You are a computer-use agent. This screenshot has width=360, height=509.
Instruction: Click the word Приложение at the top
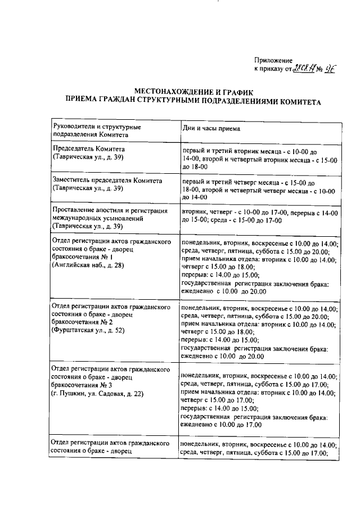pyautogui.click(x=273, y=60)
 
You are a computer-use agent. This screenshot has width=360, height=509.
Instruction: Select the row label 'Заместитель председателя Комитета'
pyautogui.click(x=106, y=181)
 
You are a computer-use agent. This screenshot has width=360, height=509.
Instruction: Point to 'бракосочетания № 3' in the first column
pyautogui.click(x=82, y=386)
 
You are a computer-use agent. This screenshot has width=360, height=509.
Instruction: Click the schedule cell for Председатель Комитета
pyautogui.click(x=259, y=159)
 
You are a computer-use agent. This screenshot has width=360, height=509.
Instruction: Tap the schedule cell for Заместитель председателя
pyautogui.click(x=259, y=190)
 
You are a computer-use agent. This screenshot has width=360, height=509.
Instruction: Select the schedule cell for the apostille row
pyautogui.click(x=259, y=217)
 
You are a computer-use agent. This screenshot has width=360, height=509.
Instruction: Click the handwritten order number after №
pyautogui.click(x=330, y=69)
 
